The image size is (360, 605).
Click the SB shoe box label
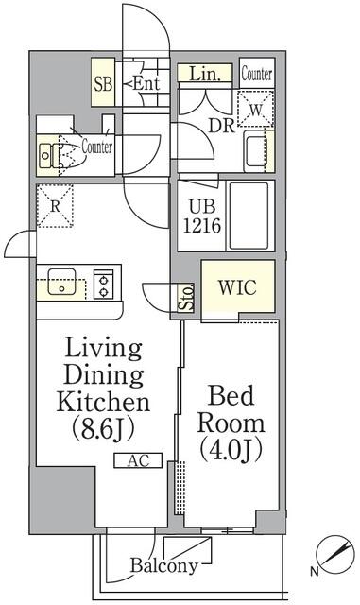(103, 83)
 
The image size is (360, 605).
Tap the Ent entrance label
(146, 84)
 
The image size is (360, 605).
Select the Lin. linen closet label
(205, 73)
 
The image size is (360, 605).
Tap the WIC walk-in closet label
(237, 286)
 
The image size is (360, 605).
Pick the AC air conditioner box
(138, 460)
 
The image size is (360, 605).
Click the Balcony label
(164, 567)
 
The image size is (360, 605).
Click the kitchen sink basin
(62, 282)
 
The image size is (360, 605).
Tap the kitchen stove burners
(104, 282)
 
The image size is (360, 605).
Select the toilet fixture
(59, 152)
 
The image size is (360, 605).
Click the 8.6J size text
(105, 428)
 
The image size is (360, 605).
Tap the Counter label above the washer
(257, 74)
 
